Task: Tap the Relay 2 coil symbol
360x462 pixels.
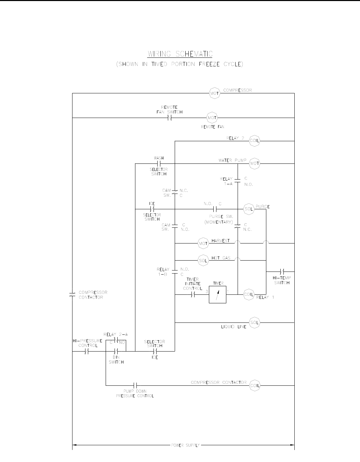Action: [255, 141]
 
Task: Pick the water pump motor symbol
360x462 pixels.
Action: [255, 163]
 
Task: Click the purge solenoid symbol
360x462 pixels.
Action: [249, 209]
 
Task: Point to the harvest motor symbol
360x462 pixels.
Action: [203, 243]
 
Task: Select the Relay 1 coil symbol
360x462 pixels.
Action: [249, 294]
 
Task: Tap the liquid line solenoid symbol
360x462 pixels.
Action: [255, 322]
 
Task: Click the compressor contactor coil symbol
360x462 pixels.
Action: [255, 385]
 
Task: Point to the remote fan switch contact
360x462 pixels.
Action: [169, 118]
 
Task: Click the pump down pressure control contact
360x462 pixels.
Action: [135, 385]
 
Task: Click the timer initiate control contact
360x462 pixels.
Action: [192, 294]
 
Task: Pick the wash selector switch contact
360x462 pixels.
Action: [159, 163]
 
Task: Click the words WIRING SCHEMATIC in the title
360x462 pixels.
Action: [180, 54]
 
